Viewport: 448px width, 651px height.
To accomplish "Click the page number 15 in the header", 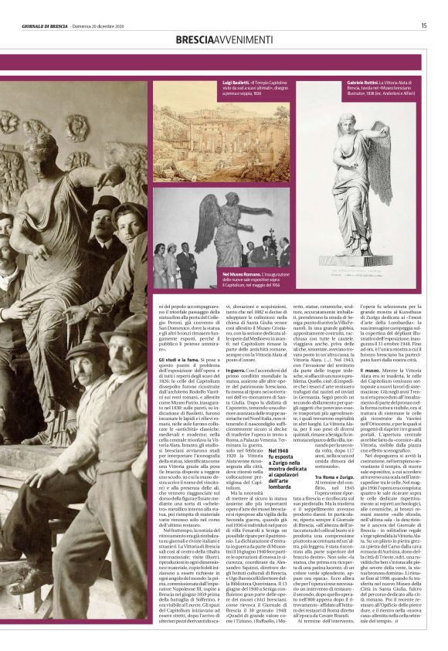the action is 424,25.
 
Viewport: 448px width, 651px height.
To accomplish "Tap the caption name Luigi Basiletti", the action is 214,81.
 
